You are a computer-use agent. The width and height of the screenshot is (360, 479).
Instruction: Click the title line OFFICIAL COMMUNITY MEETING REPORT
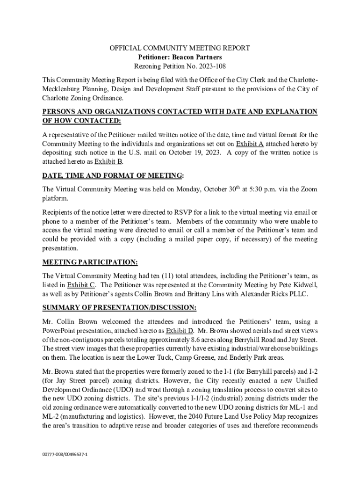[180, 48]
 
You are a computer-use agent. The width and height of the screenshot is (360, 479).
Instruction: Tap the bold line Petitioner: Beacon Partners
[180, 57]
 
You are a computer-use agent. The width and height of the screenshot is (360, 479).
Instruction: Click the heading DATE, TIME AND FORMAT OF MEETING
[112, 175]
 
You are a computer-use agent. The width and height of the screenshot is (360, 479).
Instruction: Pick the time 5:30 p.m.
[263, 189]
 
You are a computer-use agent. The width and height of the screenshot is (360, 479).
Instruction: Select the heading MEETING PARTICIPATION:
[90, 262]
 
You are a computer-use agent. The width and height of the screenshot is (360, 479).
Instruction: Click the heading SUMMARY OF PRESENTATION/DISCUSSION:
[119, 307]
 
